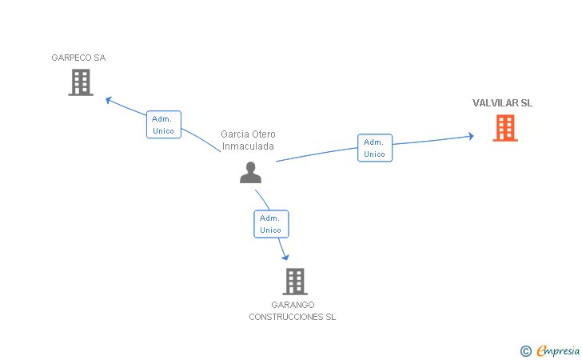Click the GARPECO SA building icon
tap(81, 82)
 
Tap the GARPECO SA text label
tap(78, 58)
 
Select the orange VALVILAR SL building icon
tap(505, 128)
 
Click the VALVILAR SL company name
tap(502, 103)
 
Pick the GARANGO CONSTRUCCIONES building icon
tap(295, 281)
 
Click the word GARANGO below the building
tap(293, 305)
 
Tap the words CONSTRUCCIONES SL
tap(293, 317)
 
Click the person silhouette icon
tap(250, 172)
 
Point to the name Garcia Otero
tap(248, 134)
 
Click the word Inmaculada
tap(248, 146)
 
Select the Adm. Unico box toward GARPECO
tap(164, 125)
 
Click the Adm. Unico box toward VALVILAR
tap(374, 148)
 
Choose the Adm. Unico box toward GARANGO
tap(270, 224)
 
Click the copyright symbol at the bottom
tap(525, 350)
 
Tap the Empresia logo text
tap(558, 350)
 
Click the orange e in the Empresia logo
tap(542, 350)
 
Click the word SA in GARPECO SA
tap(99, 58)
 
